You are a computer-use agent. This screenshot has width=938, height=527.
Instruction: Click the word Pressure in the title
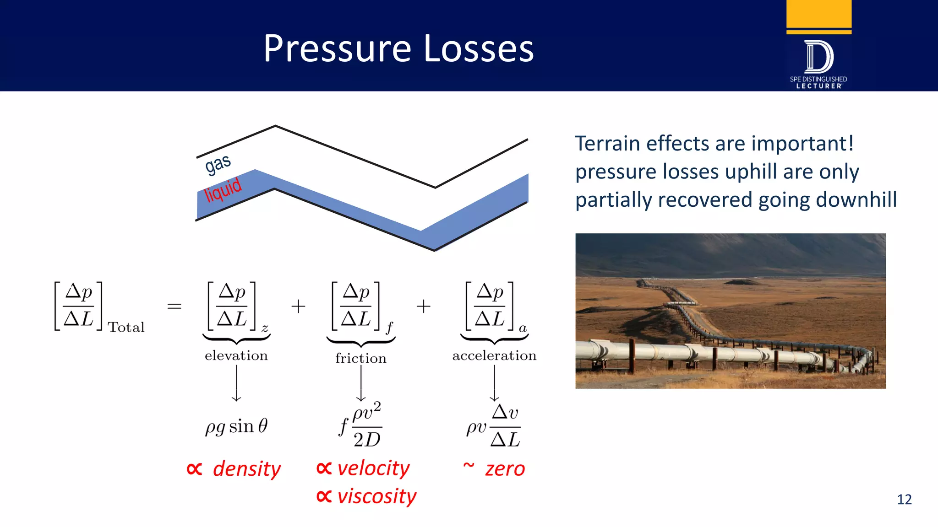[x=337, y=49]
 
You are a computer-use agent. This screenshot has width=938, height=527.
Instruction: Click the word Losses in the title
[x=478, y=49]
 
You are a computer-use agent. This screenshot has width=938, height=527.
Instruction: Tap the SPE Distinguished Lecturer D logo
[x=818, y=57]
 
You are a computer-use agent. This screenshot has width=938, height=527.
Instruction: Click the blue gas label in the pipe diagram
[x=218, y=164]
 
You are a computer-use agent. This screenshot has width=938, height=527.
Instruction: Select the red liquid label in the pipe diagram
[x=223, y=189]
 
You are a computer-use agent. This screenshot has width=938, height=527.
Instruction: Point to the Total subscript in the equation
[x=126, y=328]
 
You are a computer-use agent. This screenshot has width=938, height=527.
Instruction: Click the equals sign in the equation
[x=174, y=306]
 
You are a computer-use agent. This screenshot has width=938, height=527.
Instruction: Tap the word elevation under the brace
[x=236, y=355]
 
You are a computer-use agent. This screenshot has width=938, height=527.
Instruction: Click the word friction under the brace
[x=360, y=358]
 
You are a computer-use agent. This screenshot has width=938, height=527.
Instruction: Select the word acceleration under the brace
[x=494, y=355]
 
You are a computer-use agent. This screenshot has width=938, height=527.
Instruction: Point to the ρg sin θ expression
[x=236, y=426]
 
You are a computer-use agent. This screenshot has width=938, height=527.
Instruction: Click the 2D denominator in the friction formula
[x=367, y=440]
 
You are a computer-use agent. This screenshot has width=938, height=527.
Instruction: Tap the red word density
[x=246, y=469]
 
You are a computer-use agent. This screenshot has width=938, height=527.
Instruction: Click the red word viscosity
[x=376, y=497]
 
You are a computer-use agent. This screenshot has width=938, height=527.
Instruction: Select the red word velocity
[x=373, y=468]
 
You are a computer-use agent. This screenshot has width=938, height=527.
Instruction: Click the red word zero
[x=505, y=469]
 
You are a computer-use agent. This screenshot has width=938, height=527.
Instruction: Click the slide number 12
[x=904, y=499]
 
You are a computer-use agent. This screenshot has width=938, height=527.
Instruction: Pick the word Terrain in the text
[x=607, y=144]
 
